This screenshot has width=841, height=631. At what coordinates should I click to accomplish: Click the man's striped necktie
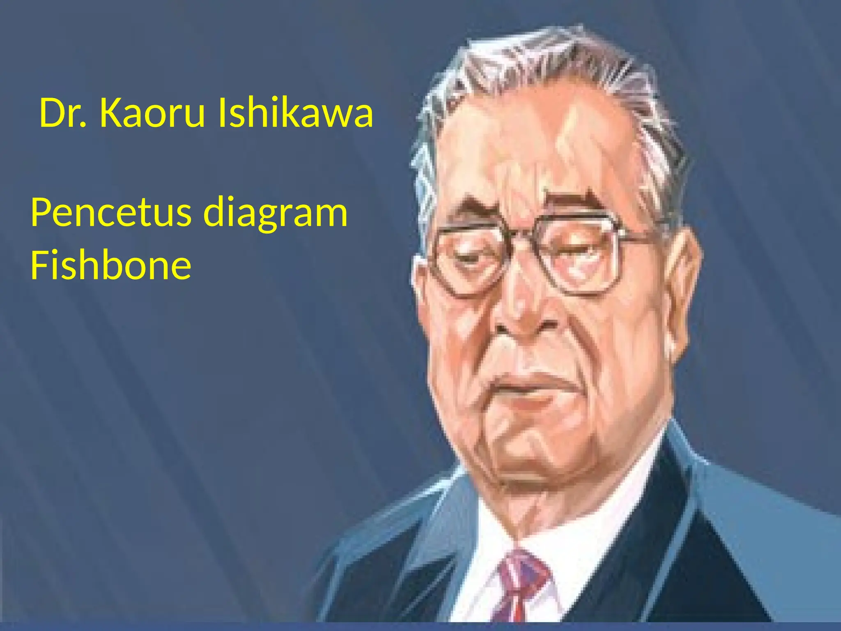point(521,587)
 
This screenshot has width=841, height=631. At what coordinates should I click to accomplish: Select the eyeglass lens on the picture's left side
point(470,259)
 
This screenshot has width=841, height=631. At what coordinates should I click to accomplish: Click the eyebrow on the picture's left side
point(472,210)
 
